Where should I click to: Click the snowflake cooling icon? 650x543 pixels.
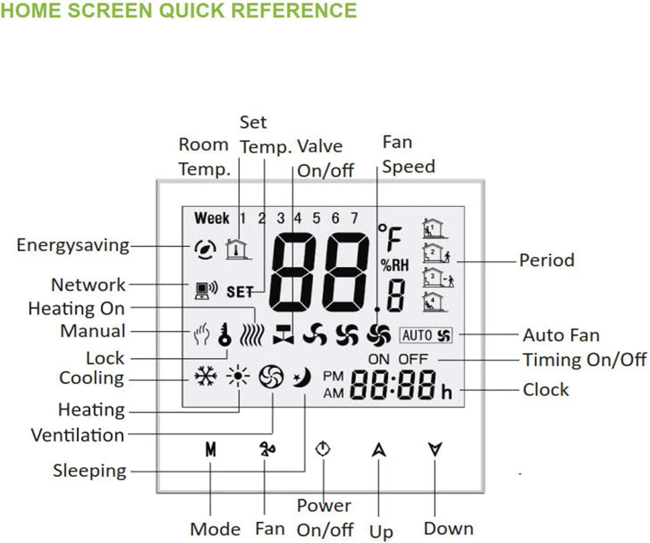click(x=206, y=376)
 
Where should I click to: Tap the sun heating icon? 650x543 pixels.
click(x=238, y=376)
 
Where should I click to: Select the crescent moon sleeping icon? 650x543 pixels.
click(x=302, y=377)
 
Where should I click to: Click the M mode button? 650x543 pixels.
click(x=211, y=450)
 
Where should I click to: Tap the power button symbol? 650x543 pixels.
click(x=323, y=449)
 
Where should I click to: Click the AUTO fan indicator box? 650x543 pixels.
click(x=426, y=335)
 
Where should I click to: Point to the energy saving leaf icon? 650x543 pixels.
click(x=206, y=249)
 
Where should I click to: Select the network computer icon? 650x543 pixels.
click(x=206, y=290)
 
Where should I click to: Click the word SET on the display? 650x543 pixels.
click(x=240, y=292)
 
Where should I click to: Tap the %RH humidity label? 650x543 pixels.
click(x=395, y=265)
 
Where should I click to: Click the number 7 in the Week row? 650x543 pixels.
click(x=354, y=218)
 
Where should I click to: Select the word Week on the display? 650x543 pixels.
click(x=212, y=218)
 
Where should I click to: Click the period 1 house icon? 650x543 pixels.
click(x=435, y=228)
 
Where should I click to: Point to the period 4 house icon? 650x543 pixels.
click(x=435, y=302)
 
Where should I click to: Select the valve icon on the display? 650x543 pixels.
click(x=284, y=335)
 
